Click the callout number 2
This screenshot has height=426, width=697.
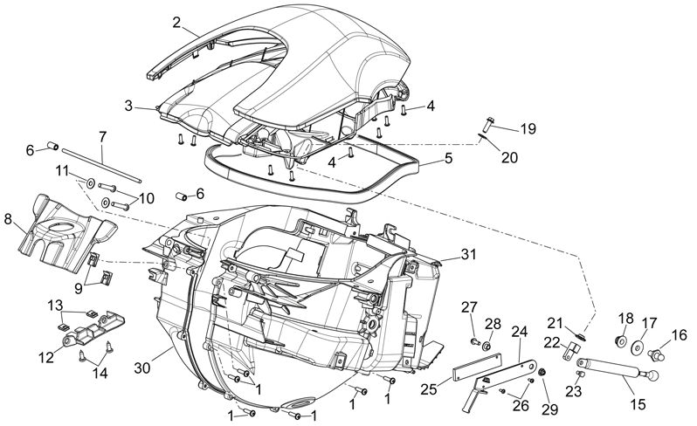click(x=177, y=22)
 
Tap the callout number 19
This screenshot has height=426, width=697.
click(x=528, y=129)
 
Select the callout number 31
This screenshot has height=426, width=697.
click(x=468, y=255)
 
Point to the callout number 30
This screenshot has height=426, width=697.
click(x=143, y=368)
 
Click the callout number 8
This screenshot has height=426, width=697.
click(x=8, y=220)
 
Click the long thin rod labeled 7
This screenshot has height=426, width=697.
click(x=102, y=164)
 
